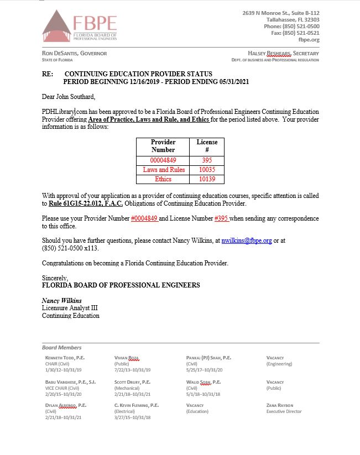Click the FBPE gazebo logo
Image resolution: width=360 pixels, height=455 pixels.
tap(58, 25)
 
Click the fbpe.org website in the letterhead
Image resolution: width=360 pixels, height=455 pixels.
tap(309, 40)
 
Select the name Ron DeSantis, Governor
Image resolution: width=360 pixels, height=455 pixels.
tap(74, 53)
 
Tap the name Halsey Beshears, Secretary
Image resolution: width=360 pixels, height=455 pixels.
tap(284, 53)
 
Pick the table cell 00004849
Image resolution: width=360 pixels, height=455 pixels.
tap(163, 160)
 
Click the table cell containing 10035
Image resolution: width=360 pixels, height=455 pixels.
tap(207, 170)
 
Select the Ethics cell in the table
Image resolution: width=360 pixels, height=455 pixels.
tap(163, 179)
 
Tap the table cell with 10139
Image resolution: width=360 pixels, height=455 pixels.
tap(207, 179)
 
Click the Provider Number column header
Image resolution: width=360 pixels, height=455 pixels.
tap(163, 146)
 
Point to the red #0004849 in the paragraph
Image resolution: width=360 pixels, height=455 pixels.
tap(144, 218)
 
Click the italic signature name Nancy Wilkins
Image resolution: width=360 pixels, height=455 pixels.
tap(62, 301)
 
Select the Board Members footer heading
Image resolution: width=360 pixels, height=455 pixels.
tap(61, 348)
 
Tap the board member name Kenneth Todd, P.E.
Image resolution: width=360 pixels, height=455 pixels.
tap(65, 358)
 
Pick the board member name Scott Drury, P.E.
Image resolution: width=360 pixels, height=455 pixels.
tap(132, 382)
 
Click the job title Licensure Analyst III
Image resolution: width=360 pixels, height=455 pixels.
tap(70, 308)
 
